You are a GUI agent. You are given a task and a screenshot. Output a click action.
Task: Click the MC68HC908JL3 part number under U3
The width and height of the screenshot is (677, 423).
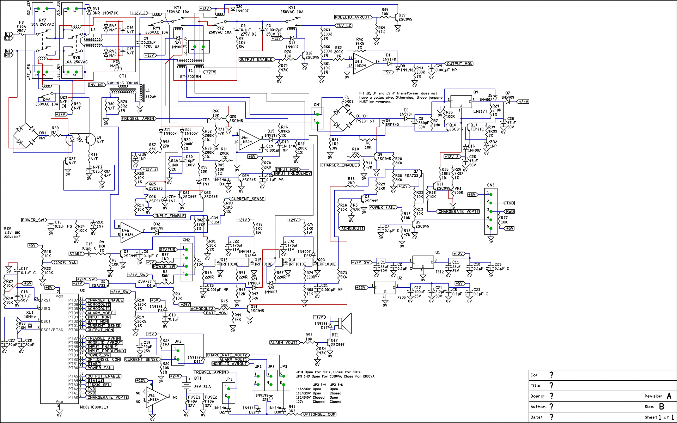click(94, 407)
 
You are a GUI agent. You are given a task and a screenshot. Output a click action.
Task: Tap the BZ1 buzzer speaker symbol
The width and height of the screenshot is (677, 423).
click(346, 323)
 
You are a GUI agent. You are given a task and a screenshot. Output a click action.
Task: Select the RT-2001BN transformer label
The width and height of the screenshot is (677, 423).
click(190, 76)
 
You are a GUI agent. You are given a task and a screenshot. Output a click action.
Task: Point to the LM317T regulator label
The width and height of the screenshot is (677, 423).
click(480, 111)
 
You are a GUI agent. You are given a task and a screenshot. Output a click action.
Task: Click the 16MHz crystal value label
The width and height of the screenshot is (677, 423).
click(30, 317)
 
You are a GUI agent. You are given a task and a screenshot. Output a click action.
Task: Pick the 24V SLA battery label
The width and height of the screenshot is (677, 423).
click(202, 387)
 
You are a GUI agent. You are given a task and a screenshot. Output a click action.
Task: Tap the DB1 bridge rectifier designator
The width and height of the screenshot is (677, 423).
click(43, 133)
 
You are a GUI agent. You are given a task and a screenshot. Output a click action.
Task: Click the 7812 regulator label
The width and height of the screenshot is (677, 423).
click(439, 272)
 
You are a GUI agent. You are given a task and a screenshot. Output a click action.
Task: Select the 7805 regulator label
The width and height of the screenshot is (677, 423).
click(402, 297)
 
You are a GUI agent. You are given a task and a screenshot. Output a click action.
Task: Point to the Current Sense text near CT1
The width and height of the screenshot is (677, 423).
click(123, 82)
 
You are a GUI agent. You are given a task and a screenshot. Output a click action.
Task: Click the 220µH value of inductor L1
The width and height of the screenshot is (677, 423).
click(151, 97)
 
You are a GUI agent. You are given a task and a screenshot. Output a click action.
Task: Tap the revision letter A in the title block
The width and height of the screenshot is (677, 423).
click(669, 396)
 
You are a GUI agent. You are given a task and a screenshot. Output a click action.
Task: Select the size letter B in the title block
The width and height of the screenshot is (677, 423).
click(661, 406)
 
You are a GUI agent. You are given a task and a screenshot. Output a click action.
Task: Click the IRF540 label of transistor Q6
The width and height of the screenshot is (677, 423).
click(392, 125)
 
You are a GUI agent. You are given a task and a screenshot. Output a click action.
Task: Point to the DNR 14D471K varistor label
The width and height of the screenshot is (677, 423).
click(105, 13)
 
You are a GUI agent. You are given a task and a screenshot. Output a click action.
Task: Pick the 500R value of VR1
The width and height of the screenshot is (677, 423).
click(459, 192)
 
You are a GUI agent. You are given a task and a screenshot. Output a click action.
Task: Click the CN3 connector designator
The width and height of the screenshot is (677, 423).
click(490, 185)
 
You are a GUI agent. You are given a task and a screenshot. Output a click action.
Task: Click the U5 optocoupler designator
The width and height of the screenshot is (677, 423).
click(99, 138)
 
